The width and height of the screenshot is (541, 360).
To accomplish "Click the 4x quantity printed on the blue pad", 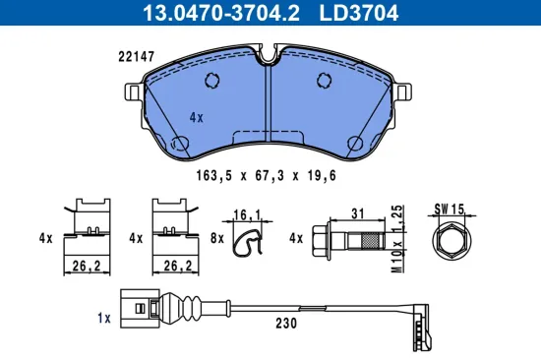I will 196,117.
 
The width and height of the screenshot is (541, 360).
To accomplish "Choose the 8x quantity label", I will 218,238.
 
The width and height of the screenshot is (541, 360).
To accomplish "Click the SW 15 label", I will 448,209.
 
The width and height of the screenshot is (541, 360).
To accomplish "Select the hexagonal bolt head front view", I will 448,241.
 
